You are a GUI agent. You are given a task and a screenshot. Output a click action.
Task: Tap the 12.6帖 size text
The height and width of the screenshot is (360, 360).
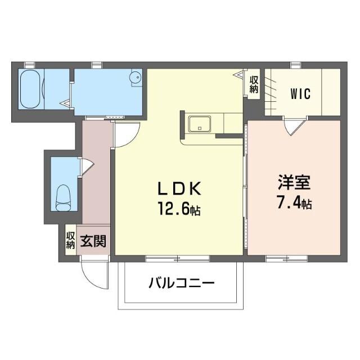click(179, 211)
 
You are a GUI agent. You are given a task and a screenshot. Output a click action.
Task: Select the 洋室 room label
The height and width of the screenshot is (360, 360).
click(293, 183)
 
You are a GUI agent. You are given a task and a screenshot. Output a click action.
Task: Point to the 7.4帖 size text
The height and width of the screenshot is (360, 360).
click(293, 202)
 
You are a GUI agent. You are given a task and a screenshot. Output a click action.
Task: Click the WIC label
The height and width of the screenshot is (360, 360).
click(301, 93)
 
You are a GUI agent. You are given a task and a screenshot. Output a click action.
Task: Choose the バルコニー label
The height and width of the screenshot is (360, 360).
click(182, 283)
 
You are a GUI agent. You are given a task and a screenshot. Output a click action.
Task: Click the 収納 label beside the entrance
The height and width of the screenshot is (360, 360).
click(70, 240)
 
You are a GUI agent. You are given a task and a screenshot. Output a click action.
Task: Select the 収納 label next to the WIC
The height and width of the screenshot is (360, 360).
click(254, 84)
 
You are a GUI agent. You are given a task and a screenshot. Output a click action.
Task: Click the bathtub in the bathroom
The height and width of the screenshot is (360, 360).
click(30, 89)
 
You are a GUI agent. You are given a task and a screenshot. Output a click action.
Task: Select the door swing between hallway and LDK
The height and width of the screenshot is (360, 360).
click(125, 135)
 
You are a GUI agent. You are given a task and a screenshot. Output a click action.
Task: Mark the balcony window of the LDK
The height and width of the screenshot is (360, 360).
click(178, 259)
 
